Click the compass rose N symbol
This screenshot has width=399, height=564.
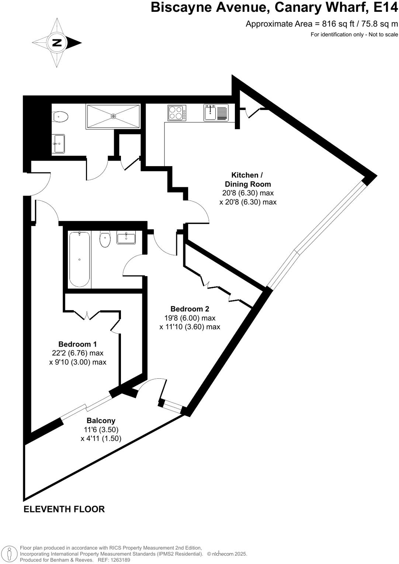[57, 43]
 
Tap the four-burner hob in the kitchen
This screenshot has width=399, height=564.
[177, 113]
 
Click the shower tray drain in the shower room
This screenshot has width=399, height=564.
[113, 116]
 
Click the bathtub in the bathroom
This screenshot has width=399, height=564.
[80, 259]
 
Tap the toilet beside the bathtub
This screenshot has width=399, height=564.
[105, 239]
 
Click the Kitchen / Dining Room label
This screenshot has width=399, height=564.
[248, 179]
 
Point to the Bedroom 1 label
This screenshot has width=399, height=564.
[77, 344]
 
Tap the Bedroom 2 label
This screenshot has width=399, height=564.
[190, 309]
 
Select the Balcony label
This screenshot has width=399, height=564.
[101, 420]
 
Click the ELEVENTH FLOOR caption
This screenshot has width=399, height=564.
[64, 509]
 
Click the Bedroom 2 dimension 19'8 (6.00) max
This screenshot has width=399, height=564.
[190, 318]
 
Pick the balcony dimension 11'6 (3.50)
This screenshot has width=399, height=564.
[101, 430]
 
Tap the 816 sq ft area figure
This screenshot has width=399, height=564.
[335, 24]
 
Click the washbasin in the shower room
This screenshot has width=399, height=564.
[59, 143]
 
